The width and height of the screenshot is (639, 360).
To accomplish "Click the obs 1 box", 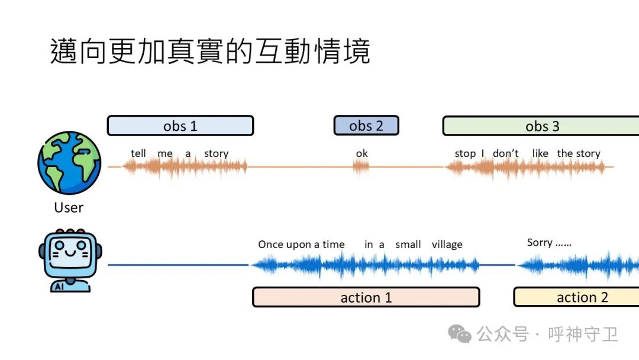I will coord(180,126).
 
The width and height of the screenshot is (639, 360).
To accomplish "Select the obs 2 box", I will coord(366,126).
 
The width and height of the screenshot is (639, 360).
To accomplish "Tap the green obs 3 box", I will coord(541,126).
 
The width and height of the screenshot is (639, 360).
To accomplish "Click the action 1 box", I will coord(366,297).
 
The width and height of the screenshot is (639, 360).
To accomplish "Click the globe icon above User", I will coord(69,163).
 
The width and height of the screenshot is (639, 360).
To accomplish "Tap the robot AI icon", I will coord(69,260).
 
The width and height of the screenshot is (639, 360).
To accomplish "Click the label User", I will coord(69,207).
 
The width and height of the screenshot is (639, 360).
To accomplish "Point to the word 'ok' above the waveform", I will coord(362,153).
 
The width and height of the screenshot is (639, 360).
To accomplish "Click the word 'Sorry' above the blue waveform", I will coord(540,243).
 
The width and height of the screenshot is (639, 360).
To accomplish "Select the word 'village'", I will coord(447,245).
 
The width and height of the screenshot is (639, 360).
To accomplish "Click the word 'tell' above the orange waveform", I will coord(138,153).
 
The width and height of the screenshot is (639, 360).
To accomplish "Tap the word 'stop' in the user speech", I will coord(465,153).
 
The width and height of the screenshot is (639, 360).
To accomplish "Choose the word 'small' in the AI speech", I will coord(408,245).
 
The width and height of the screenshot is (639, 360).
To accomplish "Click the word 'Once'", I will coord(270,245).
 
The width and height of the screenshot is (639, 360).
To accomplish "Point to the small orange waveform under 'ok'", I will coord(361,167).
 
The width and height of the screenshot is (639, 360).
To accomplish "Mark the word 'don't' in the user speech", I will coord(505,153).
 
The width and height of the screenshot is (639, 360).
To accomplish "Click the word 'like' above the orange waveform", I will coord(540,153).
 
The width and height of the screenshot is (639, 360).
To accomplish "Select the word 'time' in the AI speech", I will coord(333,245).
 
